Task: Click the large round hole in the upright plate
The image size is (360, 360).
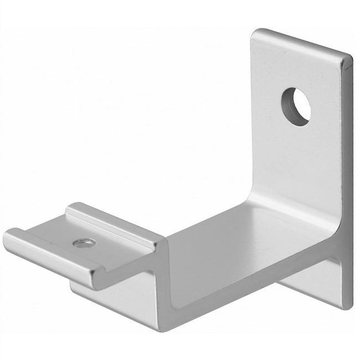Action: point(296,106)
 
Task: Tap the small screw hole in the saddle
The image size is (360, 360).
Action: point(84,242)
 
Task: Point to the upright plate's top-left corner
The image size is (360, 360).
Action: point(254,32)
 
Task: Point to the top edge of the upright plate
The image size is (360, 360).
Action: point(302,42)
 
